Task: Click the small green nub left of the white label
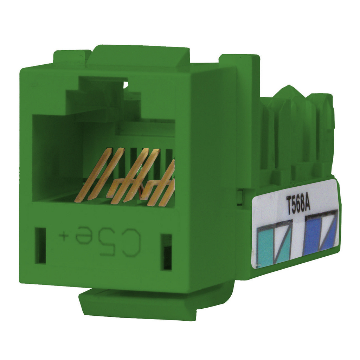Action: click(x=240, y=197)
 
